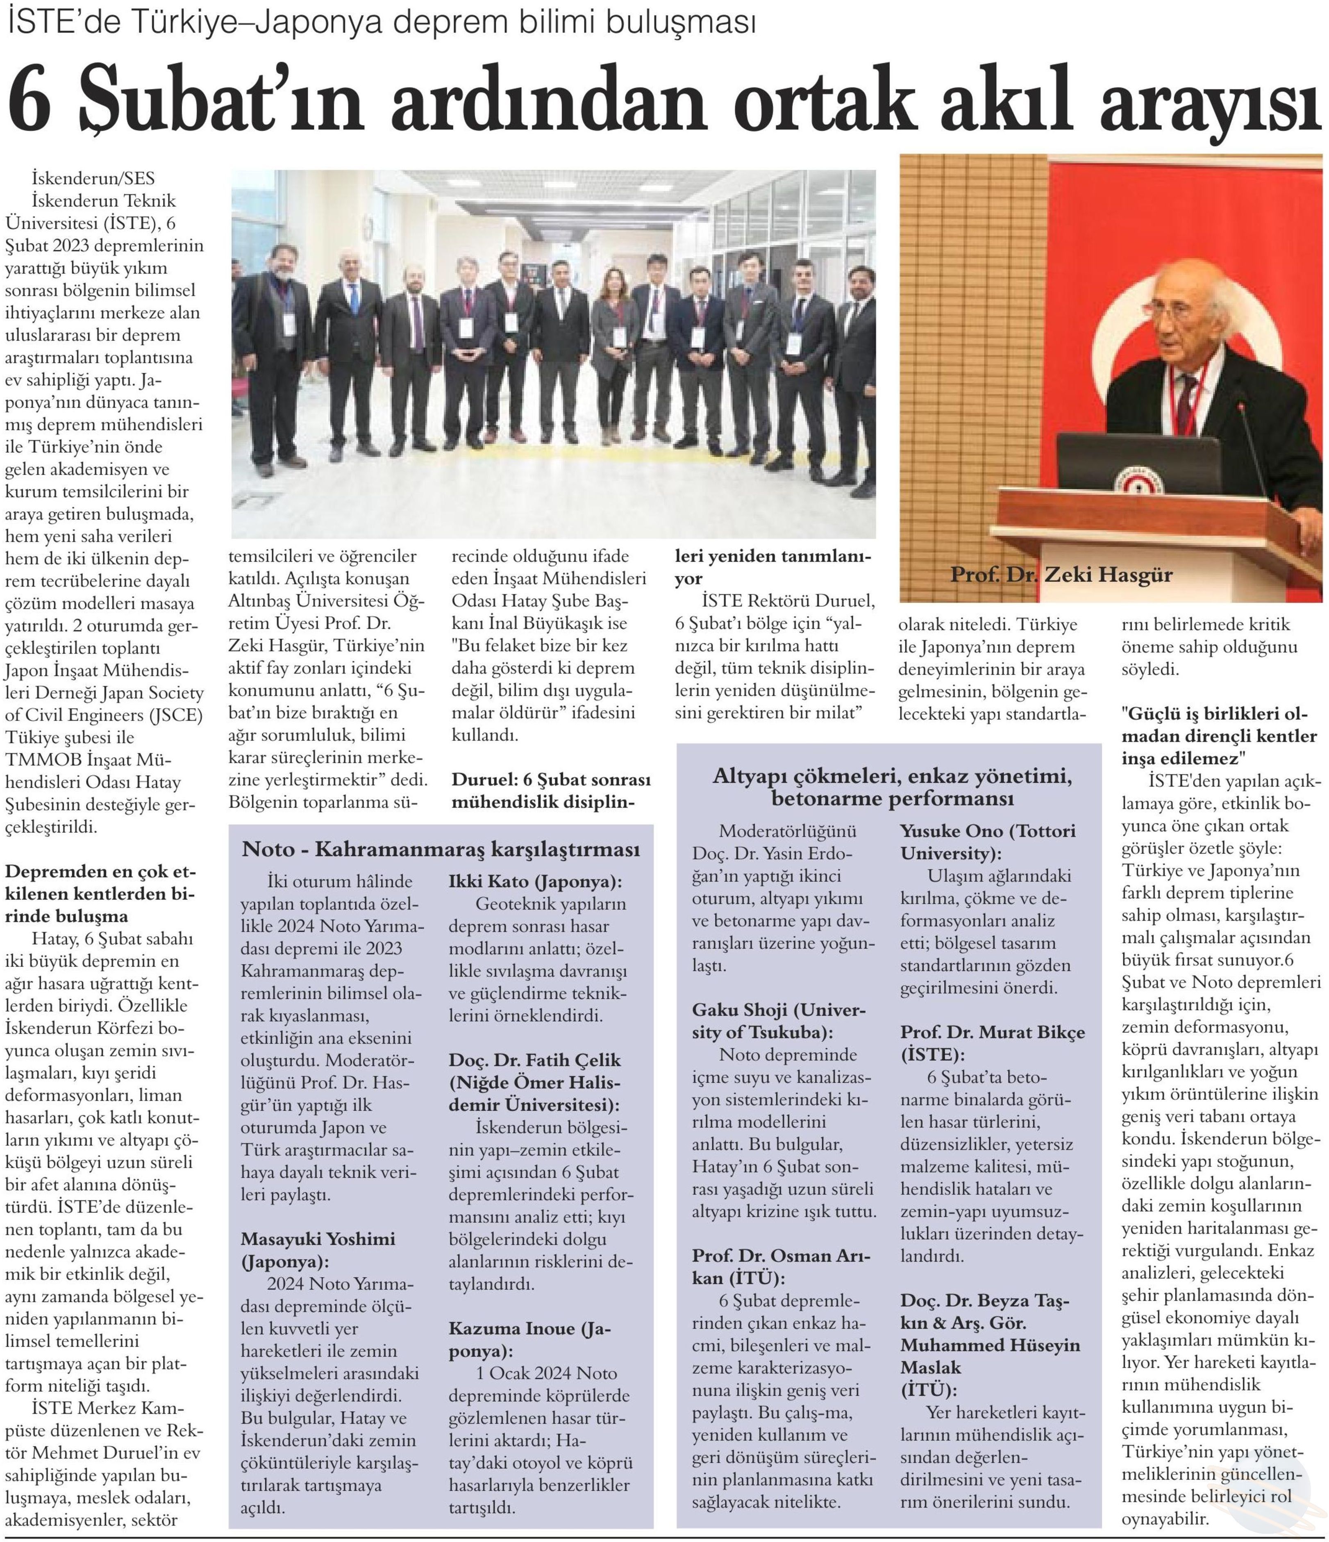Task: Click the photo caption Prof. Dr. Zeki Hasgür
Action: pyautogui.click(x=1062, y=575)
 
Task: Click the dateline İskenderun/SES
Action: pyautogui.click(x=93, y=179)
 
